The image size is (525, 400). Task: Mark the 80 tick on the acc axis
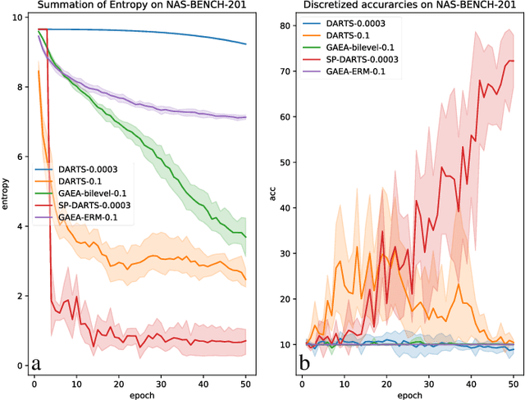282,25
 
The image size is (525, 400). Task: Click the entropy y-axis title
6,198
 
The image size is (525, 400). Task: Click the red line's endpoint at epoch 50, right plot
513,61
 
